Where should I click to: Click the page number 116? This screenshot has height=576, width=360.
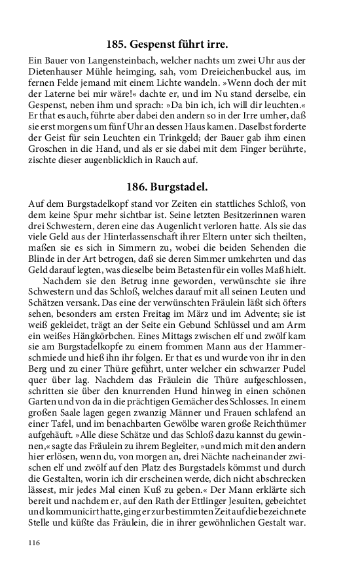[x=35, y=543]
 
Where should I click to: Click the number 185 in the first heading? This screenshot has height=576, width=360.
[x=116, y=45]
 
